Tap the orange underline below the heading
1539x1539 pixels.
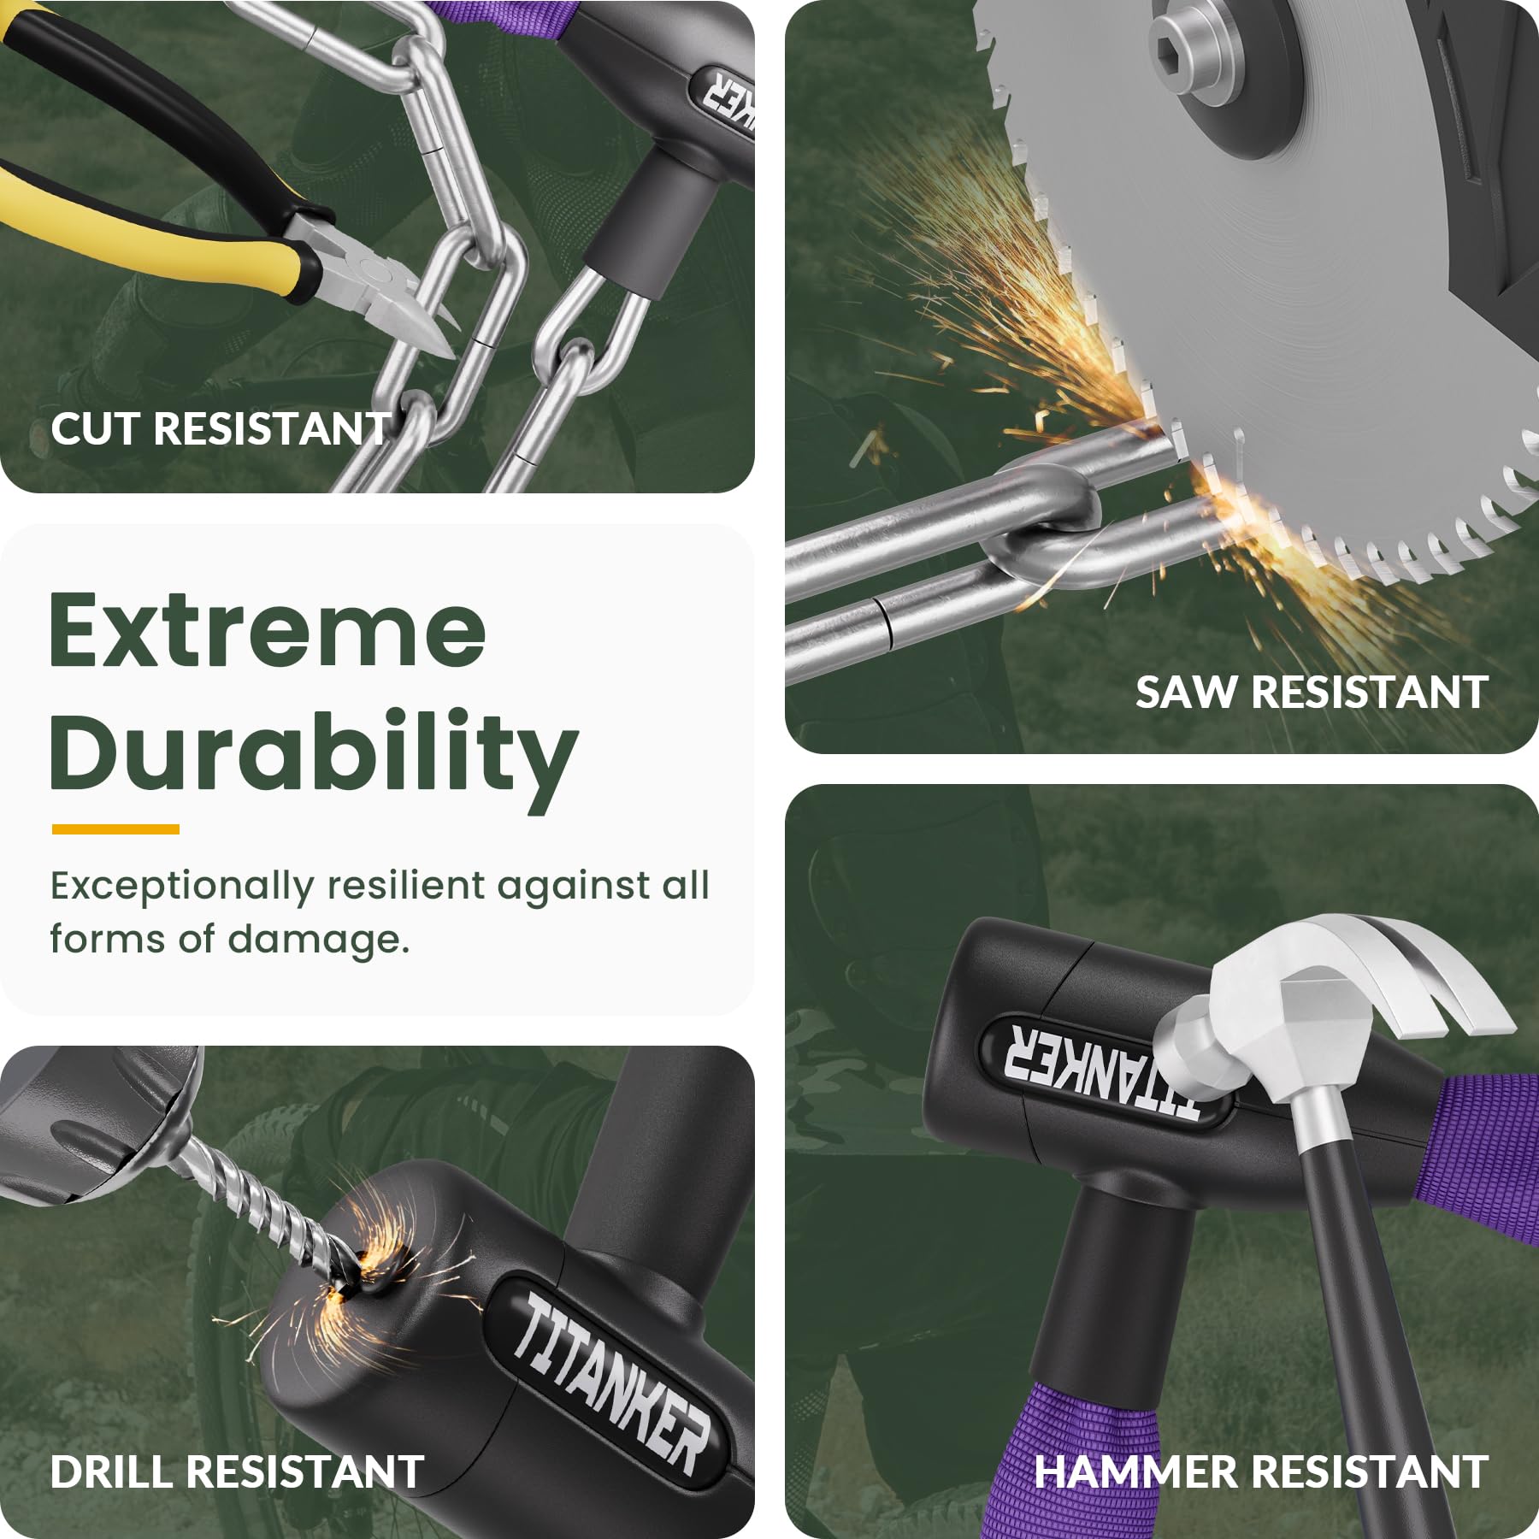[115, 828]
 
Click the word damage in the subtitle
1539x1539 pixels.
[318, 940]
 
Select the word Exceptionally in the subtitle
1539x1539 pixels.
[182, 887]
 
